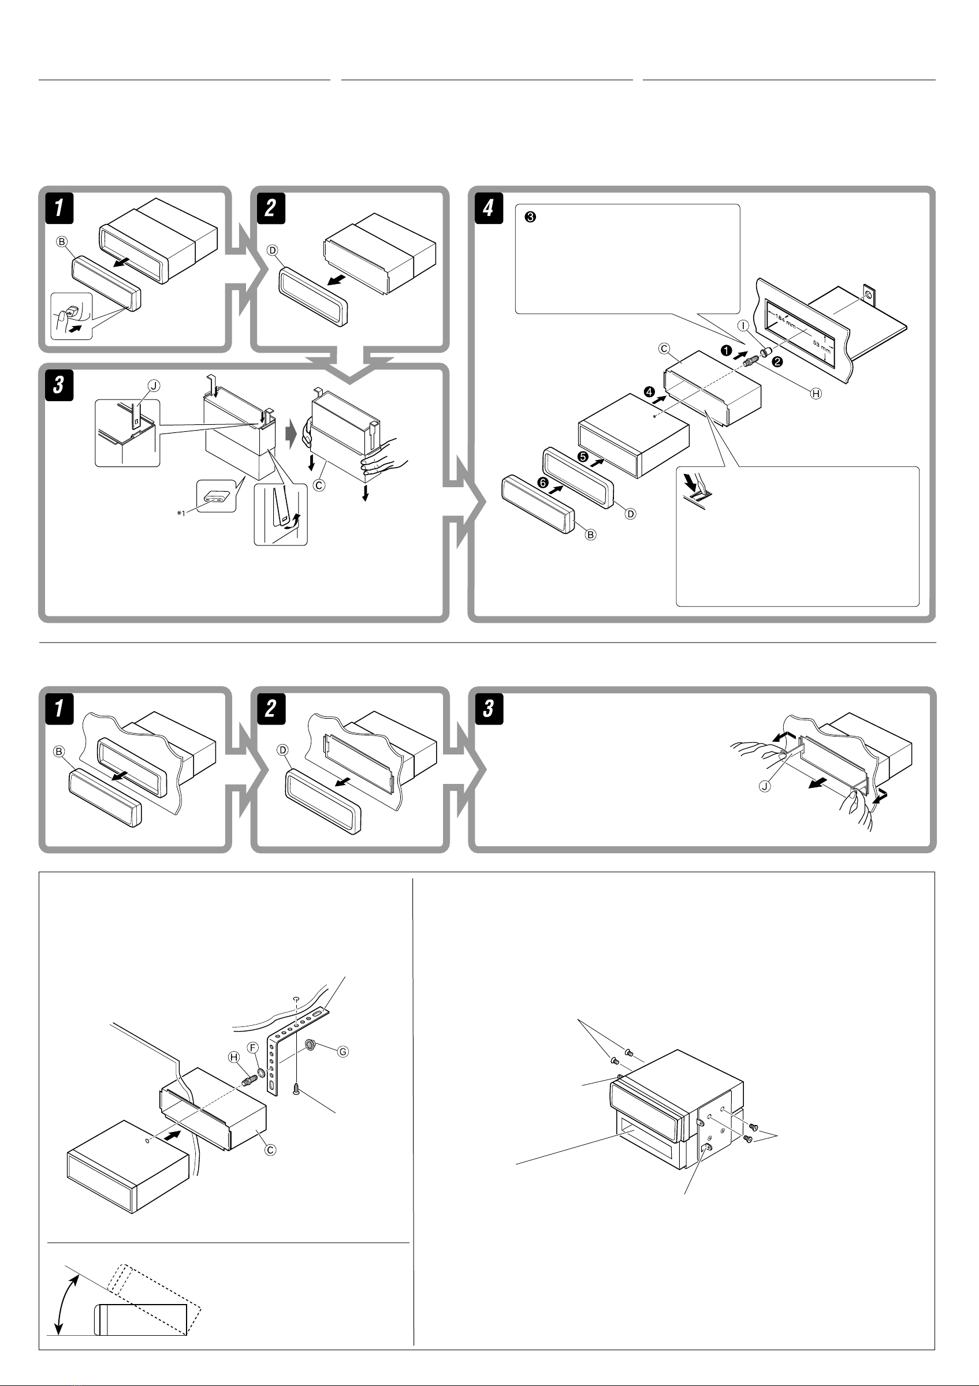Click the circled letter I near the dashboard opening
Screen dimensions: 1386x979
point(744,326)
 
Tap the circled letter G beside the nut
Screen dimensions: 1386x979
point(343,1051)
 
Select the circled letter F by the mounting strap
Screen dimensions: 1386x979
point(254,1047)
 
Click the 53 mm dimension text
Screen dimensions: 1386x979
point(821,347)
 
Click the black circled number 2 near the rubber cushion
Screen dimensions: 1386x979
point(778,362)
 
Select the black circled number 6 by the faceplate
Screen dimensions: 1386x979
point(543,483)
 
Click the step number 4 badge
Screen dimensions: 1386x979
point(488,208)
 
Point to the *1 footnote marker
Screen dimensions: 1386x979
point(181,513)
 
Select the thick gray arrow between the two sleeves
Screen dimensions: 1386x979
point(291,435)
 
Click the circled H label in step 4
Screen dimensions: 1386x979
point(816,394)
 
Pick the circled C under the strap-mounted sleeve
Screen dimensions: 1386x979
point(270,1150)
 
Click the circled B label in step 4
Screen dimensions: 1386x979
point(591,534)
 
